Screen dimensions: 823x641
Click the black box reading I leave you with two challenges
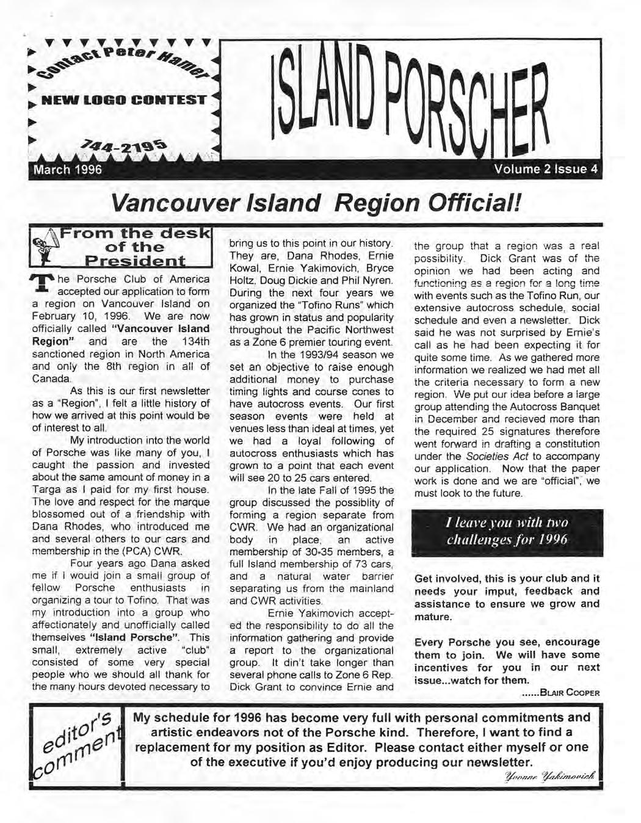[x=507, y=531]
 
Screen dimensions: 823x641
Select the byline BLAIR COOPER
[x=569, y=692]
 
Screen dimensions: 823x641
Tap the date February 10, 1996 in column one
[x=67, y=316]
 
